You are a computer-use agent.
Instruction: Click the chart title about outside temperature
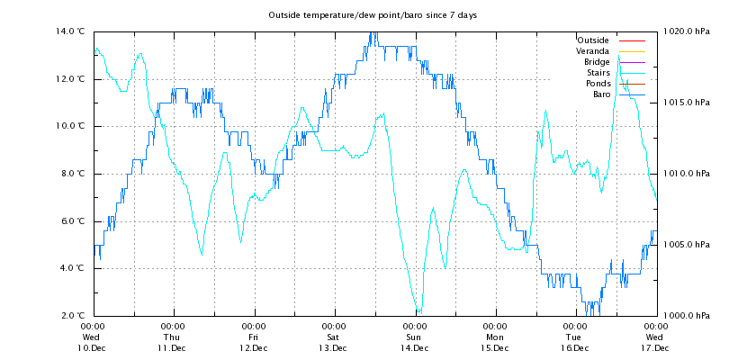pos(373,16)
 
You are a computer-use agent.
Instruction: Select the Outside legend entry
pos(592,40)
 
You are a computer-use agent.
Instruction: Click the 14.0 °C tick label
pos(72,31)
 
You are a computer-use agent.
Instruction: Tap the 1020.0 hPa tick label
pos(685,31)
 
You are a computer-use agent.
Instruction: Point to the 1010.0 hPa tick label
pos(685,174)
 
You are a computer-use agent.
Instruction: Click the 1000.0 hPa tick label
pos(685,316)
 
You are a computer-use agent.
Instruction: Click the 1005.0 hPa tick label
pos(685,245)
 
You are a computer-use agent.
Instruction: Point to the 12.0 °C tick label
pos(72,79)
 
